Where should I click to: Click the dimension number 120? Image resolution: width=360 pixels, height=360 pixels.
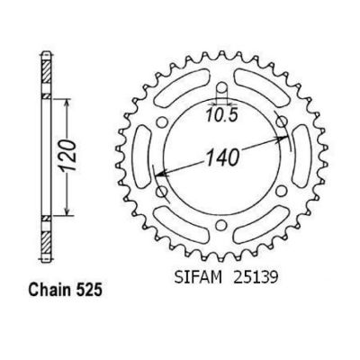[x=69, y=156]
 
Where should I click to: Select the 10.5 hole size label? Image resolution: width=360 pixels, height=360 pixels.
[x=221, y=115]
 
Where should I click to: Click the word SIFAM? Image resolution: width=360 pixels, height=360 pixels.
[x=198, y=277]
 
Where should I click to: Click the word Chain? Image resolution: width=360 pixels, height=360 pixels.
[x=48, y=290]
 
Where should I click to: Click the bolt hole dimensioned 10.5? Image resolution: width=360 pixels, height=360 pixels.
[x=221, y=88]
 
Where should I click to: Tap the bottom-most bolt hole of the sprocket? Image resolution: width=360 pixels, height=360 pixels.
[x=221, y=225]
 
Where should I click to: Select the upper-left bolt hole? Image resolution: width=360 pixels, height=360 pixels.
[x=162, y=122]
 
